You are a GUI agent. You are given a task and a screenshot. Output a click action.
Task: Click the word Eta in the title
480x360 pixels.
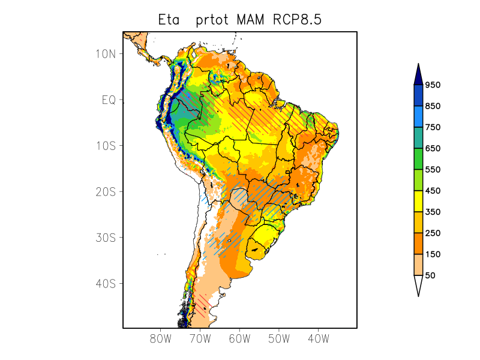169,20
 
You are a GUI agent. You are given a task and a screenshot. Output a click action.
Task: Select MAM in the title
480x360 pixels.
248,20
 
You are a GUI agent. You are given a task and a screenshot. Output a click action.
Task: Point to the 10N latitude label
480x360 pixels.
106,53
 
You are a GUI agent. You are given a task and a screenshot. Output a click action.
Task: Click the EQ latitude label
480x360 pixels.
109,100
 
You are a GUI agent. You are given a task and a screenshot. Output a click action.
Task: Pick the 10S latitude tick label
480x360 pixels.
106,146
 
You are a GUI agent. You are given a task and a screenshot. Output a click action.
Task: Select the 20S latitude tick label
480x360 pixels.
106,191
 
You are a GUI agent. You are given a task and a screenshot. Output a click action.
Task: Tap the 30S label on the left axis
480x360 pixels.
106,238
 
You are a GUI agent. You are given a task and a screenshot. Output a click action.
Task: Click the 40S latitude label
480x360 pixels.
106,283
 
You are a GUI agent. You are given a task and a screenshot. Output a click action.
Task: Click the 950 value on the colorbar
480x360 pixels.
433,85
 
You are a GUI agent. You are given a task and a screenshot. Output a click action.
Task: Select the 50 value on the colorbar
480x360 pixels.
430,275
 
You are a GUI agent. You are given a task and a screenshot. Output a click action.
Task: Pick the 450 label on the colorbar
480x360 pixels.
433,191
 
